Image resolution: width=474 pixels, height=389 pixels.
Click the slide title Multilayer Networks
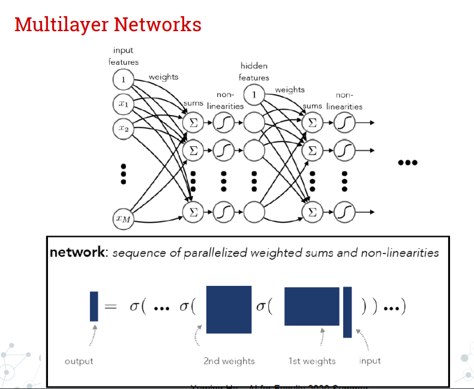tap(107, 25)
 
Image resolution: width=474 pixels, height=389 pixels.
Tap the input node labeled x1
tap(123, 104)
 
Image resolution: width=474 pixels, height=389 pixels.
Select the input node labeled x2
tap(123, 128)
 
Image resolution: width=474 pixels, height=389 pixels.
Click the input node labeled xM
tap(123, 219)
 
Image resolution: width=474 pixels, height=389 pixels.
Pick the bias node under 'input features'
tap(123, 79)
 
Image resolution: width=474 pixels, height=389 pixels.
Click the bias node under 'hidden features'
tap(254, 94)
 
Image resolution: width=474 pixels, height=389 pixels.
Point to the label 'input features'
tap(123, 56)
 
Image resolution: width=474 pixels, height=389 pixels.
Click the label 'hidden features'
tap(254, 71)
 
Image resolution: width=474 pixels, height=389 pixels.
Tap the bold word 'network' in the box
tap(77, 252)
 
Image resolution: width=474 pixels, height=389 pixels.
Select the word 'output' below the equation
tap(79, 361)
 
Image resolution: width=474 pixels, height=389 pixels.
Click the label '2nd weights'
tap(229, 361)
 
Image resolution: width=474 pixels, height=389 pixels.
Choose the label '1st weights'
tap(312, 361)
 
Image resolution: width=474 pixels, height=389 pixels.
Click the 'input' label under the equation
tap(370, 360)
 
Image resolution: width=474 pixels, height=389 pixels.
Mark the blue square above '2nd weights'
tap(229, 309)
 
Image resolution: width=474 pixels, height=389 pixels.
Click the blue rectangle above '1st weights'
tap(311, 306)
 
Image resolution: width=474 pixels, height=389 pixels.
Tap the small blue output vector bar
tap(94, 306)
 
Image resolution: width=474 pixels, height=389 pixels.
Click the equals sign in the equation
tap(110, 307)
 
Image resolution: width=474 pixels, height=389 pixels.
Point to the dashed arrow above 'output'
tap(92, 336)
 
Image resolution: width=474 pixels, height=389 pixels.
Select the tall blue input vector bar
tap(347, 312)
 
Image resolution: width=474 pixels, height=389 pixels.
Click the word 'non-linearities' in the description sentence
tap(400, 253)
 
